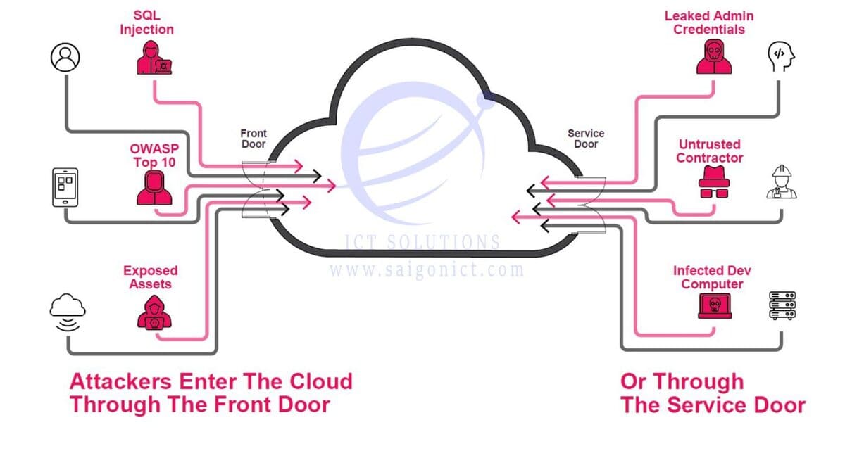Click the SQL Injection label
coord(146,23)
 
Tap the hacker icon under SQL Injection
coord(155,58)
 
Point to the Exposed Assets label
coord(150,277)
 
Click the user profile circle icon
coord(65,57)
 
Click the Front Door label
coord(254,139)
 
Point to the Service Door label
coord(586,139)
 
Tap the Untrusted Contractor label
coord(709,151)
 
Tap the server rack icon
coord(782,307)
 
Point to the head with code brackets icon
coord(780,56)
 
